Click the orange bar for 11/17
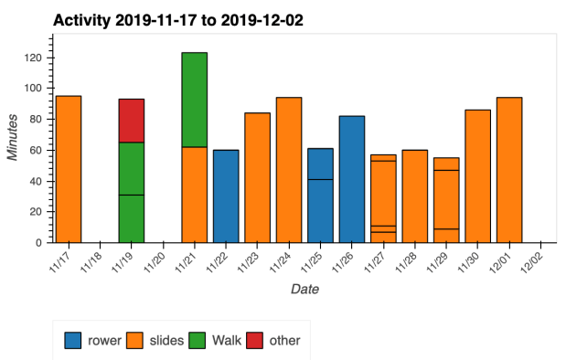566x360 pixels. tap(69, 169)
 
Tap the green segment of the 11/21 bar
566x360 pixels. tap(194, 100)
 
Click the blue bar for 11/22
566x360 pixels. tap(226, 196)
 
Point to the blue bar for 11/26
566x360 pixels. tap(352, 179)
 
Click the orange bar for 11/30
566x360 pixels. tap(478, 175)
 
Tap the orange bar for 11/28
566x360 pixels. tap(415, 196)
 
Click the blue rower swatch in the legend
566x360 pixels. tap(73, 340)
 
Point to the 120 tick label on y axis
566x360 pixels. tap(35, 58)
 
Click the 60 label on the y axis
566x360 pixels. tap(37, 150)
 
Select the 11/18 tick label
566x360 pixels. tap(92, 263)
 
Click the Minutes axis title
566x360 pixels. tap(13, 139)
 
